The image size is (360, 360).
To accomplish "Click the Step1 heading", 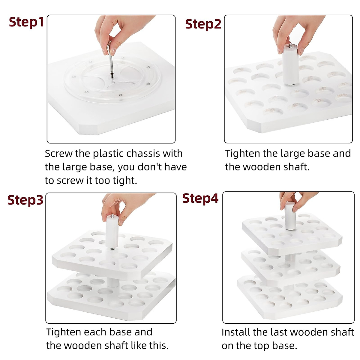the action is pyautogui.click(x=26, y=22).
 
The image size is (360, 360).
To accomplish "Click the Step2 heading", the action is pyautogui.click(x=203, y=24).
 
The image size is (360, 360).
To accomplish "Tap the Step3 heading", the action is pyautogui.click(x=25, y=200).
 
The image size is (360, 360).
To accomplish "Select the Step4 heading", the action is pyautogui.click(x=200, y=198).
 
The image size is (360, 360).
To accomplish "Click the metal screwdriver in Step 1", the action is pyautogui.click(x=110, y=60).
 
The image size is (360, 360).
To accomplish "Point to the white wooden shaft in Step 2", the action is pyautogui.click(x=290, y=64).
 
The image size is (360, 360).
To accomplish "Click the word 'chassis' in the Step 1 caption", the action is pyautogui.click(x=143, y=154).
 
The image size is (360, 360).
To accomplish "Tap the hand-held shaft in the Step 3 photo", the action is pyautogui.click(x=112, y=232).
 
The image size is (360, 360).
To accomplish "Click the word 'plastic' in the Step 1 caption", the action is pyautogui.click(x=108, y=154).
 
